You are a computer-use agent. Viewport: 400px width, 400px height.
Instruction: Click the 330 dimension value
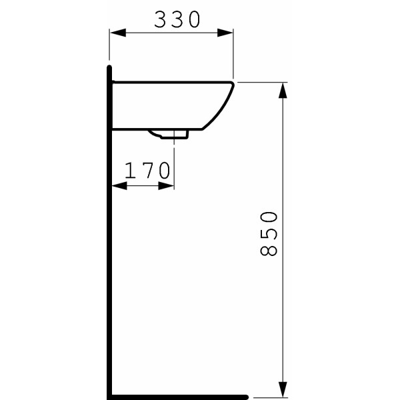point(177,20)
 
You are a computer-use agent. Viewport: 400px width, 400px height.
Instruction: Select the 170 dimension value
point(148,171)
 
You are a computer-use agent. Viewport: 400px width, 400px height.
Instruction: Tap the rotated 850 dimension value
point(269,233)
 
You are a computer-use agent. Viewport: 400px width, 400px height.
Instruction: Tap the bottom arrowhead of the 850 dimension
point(283,389)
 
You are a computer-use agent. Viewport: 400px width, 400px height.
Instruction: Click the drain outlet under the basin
point(173,134)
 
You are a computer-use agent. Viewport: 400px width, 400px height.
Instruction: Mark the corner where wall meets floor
point(109,397)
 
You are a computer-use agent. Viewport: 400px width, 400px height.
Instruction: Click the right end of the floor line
point(246,397)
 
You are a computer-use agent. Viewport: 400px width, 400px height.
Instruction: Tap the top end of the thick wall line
point(109,67)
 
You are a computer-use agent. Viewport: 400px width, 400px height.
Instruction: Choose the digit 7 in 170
point(148,171)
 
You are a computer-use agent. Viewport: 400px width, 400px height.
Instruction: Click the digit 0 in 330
point(193,20)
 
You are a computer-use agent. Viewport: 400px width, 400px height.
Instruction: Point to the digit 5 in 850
point(269,233)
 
